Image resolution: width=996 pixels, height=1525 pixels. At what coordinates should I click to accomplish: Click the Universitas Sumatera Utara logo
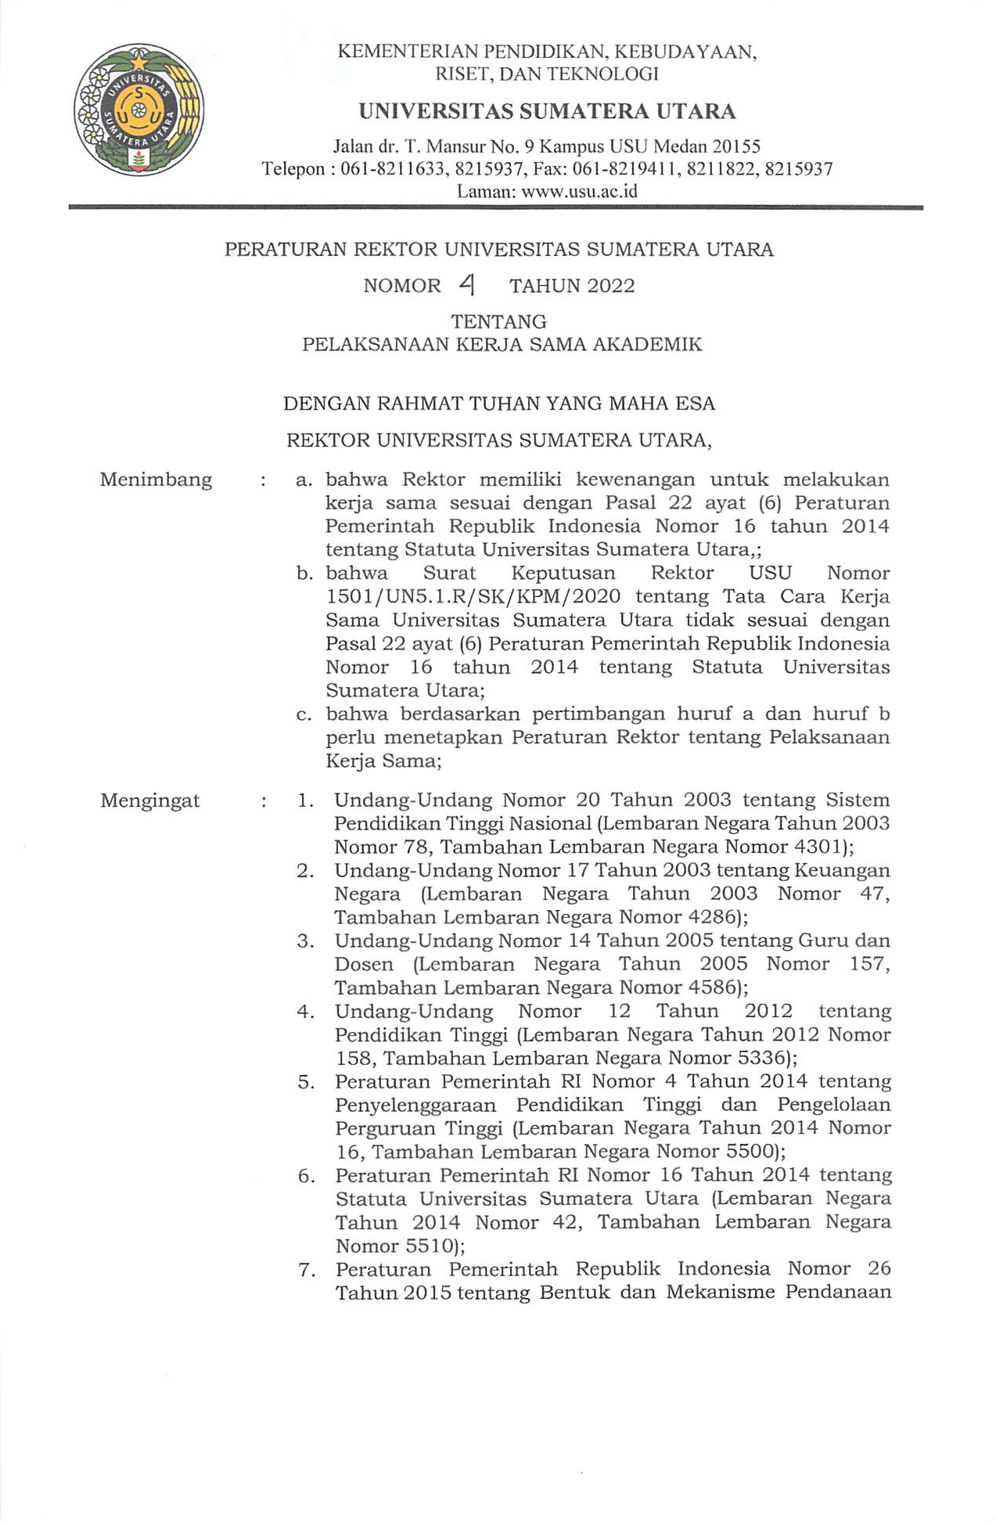pos(138,110)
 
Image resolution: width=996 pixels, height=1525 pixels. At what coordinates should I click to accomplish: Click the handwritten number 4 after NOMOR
pos(468,286)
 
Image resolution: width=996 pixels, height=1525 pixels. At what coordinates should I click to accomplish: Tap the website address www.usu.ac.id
pos(580,191)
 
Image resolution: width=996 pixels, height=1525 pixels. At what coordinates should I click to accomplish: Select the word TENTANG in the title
pos(498,322)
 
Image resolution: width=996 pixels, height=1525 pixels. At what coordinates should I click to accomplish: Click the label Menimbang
pos(156,480)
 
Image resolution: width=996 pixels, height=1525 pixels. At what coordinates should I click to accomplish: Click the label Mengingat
pos(150,801)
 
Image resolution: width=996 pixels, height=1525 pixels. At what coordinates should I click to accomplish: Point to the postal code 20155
pos(735,146)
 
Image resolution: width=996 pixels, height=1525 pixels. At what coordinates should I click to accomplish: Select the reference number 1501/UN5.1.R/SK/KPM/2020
pos(473,597)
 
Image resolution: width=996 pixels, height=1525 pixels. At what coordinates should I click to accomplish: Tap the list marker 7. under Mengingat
pos(307,1269)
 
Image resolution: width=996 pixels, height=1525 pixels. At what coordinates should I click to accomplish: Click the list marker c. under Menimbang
pos(304,714)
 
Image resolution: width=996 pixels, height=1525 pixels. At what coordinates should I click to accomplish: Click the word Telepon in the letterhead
pos(293,169)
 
